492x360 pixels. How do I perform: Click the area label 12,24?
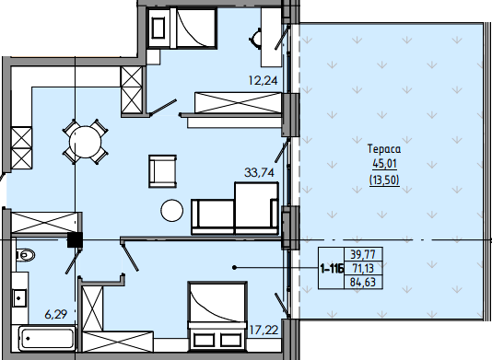(263, 81)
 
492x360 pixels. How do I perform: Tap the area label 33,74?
(259, 172)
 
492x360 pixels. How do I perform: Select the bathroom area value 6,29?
(56, 314)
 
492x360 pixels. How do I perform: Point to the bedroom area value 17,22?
(264, 330)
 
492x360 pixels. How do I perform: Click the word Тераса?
(384, 148)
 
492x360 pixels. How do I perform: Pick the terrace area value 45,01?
(384, 164)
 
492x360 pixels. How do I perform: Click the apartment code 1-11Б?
(332, 269)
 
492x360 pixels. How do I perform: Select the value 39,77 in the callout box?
(363, 254)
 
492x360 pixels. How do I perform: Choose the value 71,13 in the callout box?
(363, 269)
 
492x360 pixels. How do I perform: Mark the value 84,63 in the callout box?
(363, 283)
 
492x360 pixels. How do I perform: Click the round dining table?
(86, 142)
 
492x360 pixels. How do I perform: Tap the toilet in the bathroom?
(25, 255)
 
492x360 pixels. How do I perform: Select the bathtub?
(47, 339)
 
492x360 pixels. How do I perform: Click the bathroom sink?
(19, 298)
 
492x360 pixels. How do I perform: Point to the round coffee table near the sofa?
(172, 211)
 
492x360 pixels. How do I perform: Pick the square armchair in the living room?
(162, 171)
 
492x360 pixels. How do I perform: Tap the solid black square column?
(76, 240)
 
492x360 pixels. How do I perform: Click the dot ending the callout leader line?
(234, 268)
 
